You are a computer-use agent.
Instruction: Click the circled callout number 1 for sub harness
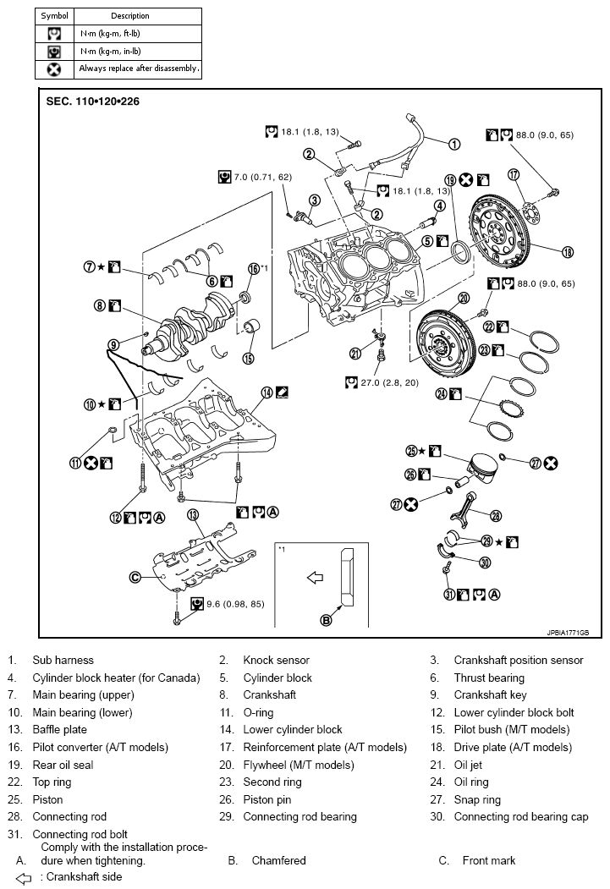(453, 144)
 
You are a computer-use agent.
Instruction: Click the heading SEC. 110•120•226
(93, 101)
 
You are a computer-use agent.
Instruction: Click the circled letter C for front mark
(135, 578)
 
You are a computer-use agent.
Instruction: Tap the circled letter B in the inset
(326, 620)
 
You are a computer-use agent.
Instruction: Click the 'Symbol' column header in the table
(55, 16)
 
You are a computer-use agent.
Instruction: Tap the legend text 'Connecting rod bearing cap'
(521, 816)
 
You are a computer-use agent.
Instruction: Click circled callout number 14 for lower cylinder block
(267, 392)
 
